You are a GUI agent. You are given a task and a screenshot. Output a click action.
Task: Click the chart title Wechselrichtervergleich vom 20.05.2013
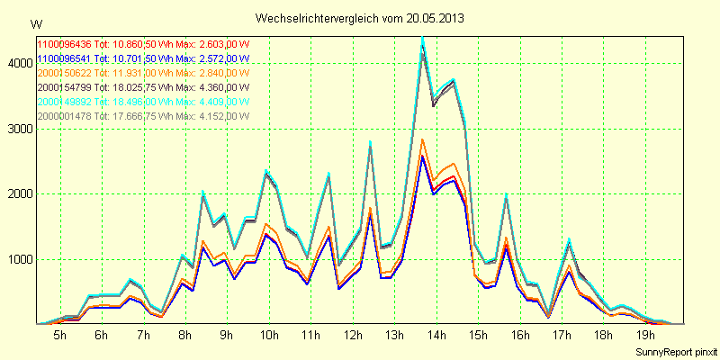[x=360, y=18]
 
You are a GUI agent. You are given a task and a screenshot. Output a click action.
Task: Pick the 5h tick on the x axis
[x=60, y=335]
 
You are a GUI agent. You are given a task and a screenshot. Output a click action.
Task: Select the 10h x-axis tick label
[x=268, y=335]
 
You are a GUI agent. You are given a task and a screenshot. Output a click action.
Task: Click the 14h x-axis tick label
[x=436, y=335]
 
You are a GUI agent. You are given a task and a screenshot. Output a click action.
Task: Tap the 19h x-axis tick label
[x=644, y=335]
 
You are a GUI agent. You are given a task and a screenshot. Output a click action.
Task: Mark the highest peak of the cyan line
[x=422, y=37]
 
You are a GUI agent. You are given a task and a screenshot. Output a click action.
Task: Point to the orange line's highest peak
[x=422, y=139]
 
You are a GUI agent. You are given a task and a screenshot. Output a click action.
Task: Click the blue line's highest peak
[x=422, y=157]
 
